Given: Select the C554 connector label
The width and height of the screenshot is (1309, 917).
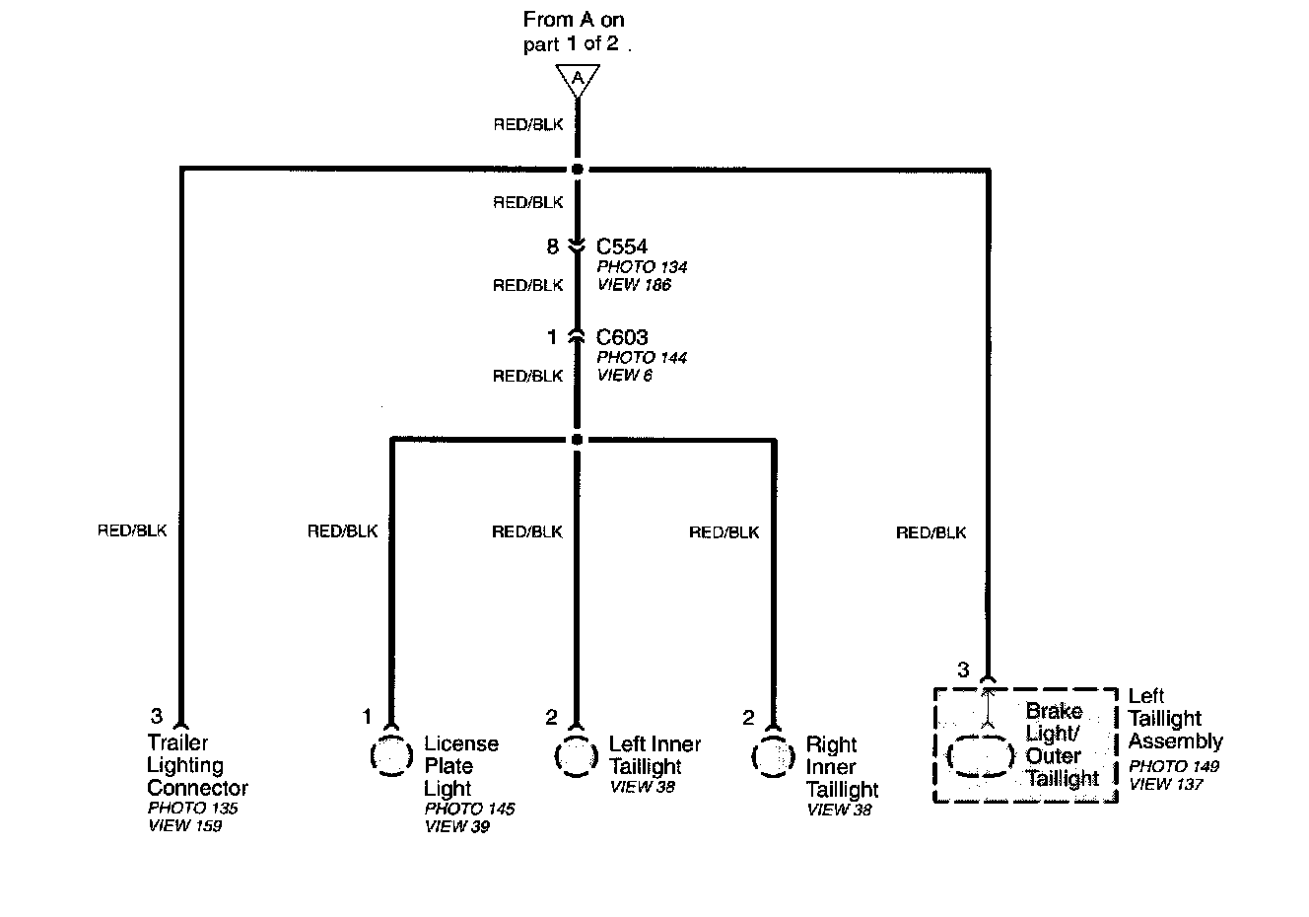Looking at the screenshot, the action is [x=622, y=247].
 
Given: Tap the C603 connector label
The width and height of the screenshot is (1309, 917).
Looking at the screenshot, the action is [x=622, y=337].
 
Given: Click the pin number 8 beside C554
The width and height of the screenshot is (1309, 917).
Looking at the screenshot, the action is [x=552, y=247].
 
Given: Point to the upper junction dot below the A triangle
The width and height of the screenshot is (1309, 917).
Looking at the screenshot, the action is [x=578, y=170].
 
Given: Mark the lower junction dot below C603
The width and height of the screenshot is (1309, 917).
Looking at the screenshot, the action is [x=577, y=440].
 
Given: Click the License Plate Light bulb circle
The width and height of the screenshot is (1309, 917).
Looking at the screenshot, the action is [x=391, y=755].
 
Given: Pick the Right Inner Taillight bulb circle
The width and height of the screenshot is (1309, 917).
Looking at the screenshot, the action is [x=773, y=756].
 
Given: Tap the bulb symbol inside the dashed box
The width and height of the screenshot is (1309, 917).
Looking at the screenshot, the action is [x=981, y=756].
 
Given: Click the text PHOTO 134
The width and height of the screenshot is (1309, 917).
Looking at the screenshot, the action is [x=642, y=267].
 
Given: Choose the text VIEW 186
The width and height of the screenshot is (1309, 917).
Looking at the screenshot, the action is [x=634, y=285].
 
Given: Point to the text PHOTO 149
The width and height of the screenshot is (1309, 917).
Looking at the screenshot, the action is [x=1173, y=766].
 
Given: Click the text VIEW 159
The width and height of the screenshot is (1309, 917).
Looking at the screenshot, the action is [x=184, y=826].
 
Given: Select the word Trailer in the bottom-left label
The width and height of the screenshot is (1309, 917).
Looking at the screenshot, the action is [x=177, y=742].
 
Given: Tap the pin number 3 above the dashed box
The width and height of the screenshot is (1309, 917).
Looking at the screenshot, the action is [x=964, y=670].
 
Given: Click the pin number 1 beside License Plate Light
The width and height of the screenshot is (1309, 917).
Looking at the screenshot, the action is [x=367, y=716].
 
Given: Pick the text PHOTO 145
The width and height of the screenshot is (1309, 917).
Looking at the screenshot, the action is [x=469, y=809].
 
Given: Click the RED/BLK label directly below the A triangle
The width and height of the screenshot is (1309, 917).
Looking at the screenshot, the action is [x=528, y=124].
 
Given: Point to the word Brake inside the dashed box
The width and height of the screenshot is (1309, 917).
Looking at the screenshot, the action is [x=1055, y=711].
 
